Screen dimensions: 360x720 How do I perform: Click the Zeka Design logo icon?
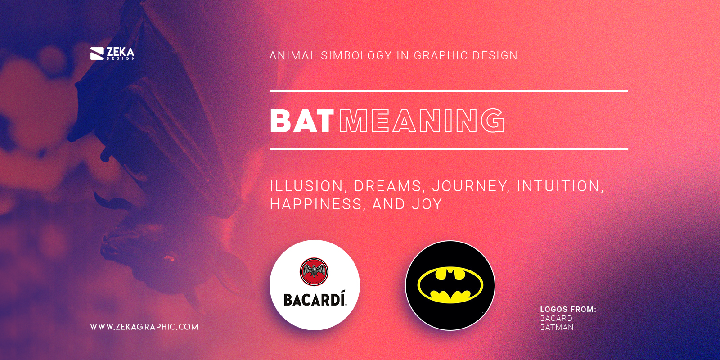(x=97, y=54)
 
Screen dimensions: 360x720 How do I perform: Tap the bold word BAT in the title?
(x=301, y=121)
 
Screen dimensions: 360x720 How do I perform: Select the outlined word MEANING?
(x=422, y=121)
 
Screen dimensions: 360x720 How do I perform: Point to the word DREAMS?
(x=388, y=186)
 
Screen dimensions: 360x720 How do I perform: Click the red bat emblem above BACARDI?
(x=314, y=272)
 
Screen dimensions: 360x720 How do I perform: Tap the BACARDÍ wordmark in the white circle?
(x=315, y=299)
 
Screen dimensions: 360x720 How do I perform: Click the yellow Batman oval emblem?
(x=450, y=285)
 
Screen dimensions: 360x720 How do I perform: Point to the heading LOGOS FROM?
(x=568, y=309)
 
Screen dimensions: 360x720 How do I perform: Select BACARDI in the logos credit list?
(x=558, y=318)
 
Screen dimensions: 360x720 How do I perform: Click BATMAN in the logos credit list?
(x=557, y=327)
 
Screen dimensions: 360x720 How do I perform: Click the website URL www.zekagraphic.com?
(x=144, y=327)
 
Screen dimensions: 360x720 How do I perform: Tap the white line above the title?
(x=448, y=91)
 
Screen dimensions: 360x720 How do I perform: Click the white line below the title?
(x=448, y=149)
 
